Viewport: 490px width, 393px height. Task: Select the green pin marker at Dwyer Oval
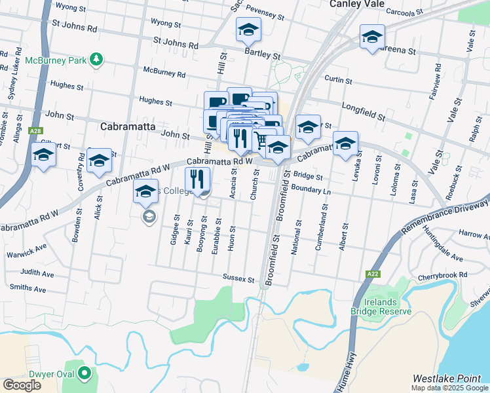85,375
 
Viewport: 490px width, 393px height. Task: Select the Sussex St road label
238,278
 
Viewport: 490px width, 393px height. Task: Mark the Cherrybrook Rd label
443,275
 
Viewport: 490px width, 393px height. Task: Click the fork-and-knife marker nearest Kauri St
197,179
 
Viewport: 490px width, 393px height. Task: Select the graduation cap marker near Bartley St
248,29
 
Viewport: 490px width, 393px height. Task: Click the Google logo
22,384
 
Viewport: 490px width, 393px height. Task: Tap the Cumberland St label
324,223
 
